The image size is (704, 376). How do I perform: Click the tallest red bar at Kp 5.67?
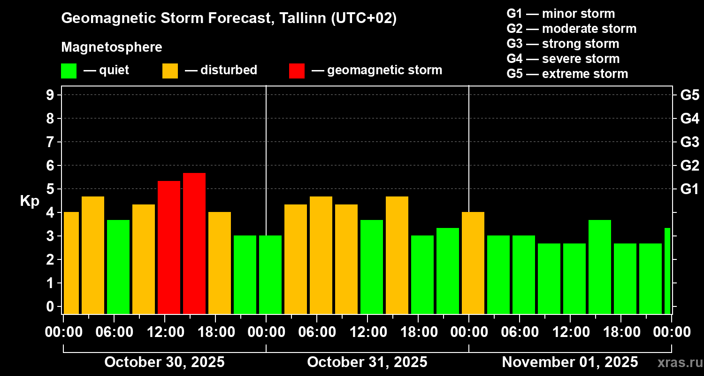pyautogui.click(x=194, y=243)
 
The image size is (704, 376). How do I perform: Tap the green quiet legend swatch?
pyautogui.click(x=69, y=71)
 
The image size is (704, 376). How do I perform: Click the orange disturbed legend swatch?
pyautogui.click(x=170, y=71)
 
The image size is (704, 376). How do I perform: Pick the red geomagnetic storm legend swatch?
pyautogui.click(x=297, y=71)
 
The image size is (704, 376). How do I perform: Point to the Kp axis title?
pyautogui.click(x=30, y=201)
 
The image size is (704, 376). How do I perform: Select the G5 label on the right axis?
pyautogui.click(x=689, y=95)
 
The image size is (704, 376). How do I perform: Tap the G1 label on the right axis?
pyautogui.click(x=689, y=189)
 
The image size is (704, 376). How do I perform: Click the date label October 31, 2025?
pyautogui.click(x=367, y=362)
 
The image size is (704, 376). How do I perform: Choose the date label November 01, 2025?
pyautogui.click(x=570, y=362)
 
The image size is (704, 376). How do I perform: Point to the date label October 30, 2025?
pyautogui.click(x=164, y=362)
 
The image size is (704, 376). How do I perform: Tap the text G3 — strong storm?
pyautogui.click(x=563, y=44)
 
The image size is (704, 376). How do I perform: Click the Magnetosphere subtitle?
pyautogui.click(x=112, y=47)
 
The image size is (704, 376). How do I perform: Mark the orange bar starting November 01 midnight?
pyautogui.click(x=473, y=263)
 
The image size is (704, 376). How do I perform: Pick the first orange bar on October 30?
pyautogui.click(x=71, y=263)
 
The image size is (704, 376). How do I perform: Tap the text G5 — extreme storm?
pyautogui.click(x=567, y=74)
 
